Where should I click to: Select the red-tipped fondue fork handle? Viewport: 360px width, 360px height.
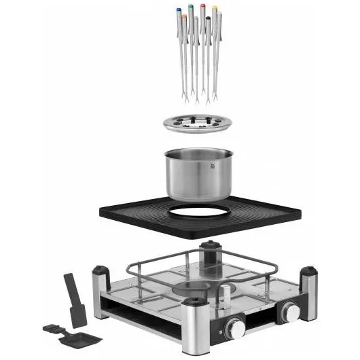click(x=202, y=7)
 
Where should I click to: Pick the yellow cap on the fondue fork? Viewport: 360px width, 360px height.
click(x=215, y=9)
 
